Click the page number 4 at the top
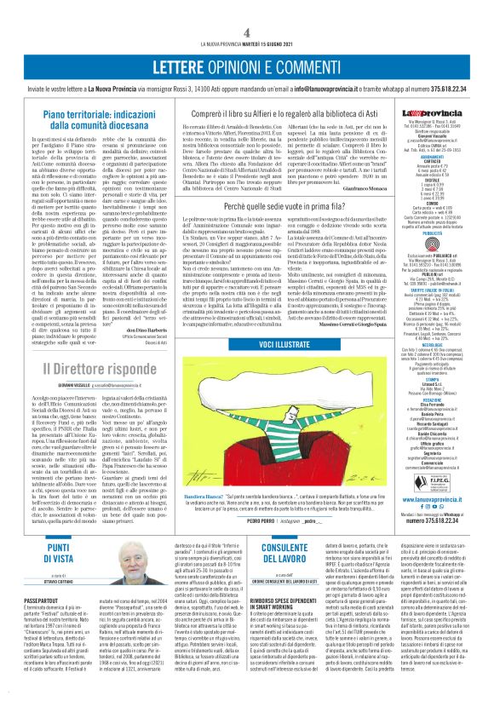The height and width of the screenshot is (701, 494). pyautogui.click(x=246, y=32)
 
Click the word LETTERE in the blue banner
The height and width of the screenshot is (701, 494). pyautogui.click(x=175, y=67)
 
